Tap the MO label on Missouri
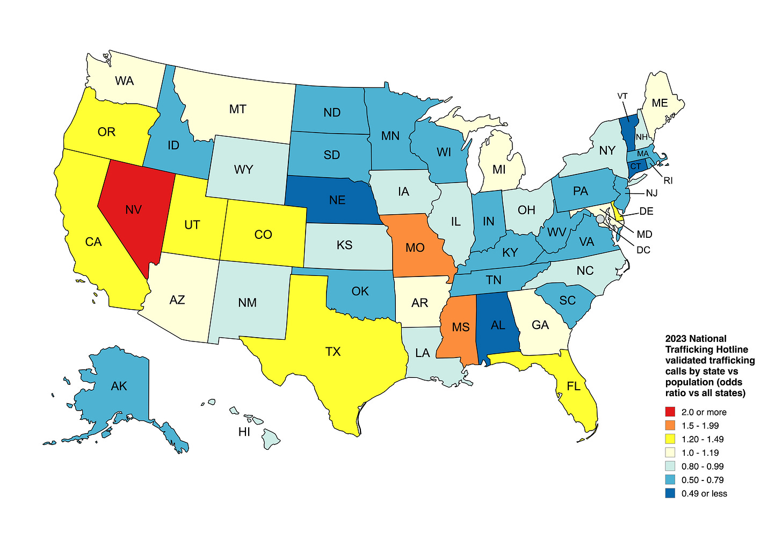click(415, 248)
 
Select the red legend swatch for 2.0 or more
click(670, 412)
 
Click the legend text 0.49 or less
click(704, 493)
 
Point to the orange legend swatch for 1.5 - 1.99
click(670, 426)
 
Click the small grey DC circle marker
click(600, 219)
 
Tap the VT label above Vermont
click(622, 96)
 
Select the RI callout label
click(668, 180)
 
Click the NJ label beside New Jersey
click(651, 193)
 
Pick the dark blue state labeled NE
click(337, 200)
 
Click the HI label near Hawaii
click(244, 432)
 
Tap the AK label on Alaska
click(119, 386)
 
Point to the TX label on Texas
click(333, 352)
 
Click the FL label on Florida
click(574, 386)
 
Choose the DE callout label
click(646, 211)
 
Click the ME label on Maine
click(660, 103)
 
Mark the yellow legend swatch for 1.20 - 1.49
click(670, 439)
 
